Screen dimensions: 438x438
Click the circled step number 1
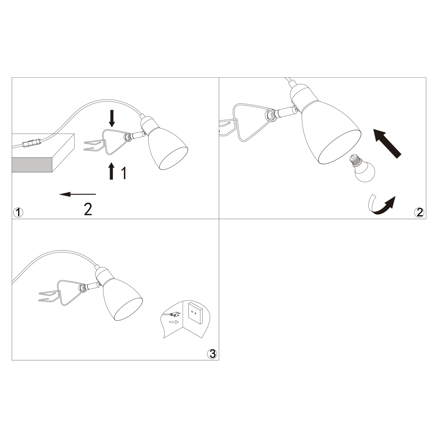(x=18, y=213)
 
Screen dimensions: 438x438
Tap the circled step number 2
(x=419, y=212)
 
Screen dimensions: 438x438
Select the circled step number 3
(x=212, y=354)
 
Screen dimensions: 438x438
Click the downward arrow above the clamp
(x=112, y=118)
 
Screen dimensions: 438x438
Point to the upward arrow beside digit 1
(x=111, y=171)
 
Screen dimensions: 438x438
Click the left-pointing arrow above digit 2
(x=77, y=194)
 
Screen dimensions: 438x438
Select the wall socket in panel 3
(x=195, y=313)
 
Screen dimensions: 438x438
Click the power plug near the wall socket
(x=174, y=315)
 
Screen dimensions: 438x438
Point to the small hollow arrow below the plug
(x=174, y=322)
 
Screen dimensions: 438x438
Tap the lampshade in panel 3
(x=123, y=298)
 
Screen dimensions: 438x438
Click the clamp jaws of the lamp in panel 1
(x=93, y=146)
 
